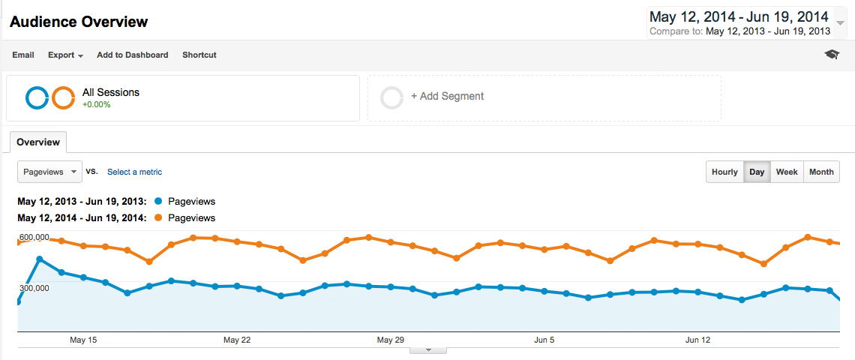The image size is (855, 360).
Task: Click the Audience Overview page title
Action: point(79,22)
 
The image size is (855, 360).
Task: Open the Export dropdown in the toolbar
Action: point(65,55)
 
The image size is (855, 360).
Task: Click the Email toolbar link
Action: point(23,55)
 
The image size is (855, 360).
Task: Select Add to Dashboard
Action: point(132,55)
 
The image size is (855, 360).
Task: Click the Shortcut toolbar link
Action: point(199,55)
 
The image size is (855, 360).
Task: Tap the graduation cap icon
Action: point(832,55)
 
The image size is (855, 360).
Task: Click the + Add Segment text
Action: point(447,96)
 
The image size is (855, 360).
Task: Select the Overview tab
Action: point(38,142)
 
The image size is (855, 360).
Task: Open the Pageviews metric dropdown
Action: point(49,172)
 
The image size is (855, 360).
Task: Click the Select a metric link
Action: point(134,172)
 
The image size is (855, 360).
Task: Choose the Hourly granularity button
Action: point(724,172)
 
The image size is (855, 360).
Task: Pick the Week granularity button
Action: point(787,172)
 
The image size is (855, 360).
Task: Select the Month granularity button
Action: point(821,172)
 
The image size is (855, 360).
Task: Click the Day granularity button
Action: point(757,172)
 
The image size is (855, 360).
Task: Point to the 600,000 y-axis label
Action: point(34,238)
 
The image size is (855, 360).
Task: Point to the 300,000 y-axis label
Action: point(34,288)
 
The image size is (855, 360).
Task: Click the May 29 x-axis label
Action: point(390,340)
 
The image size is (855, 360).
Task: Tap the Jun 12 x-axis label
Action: point(698,340)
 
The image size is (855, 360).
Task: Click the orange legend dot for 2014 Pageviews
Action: point(157,217)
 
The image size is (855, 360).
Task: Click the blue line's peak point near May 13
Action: point(39,259)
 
